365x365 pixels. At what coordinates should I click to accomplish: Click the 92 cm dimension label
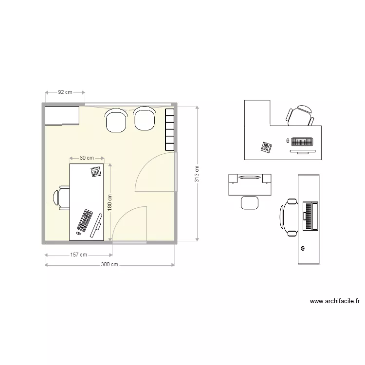click(x=65, y=91)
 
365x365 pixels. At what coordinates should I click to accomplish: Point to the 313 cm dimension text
click(x=197, y=173)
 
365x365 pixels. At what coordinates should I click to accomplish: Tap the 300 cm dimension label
click(x=109, y=265)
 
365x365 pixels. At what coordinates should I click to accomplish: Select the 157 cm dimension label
click(x=78, y=255)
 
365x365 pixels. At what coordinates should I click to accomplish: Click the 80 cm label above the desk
click(x=87, y=158)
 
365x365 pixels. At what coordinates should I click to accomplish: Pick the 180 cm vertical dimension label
click(x=109, y=203)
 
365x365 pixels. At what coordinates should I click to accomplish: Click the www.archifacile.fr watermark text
click(x=335, y=301)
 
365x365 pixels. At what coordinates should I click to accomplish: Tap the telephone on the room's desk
click(x=95, y=171)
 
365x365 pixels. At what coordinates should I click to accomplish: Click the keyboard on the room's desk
click(x=85, y=220)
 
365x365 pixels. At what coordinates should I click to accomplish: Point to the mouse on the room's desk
click(x=78, y=234)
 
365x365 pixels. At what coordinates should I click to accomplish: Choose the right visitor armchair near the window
click(x=145, y=119)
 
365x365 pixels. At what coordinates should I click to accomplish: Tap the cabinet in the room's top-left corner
click(x=62, y=115)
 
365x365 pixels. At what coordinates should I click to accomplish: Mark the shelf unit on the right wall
click(x=169, y=129)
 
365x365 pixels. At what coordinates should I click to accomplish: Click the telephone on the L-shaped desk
click(x=266, y=147)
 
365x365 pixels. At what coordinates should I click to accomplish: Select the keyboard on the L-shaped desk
click(x=301, y=142)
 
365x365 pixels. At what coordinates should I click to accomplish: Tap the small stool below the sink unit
click(x=250, y=202)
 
